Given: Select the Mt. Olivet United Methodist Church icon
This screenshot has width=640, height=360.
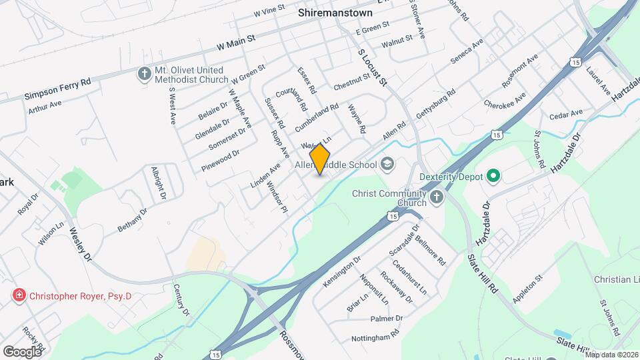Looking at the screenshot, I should (x=144, y=73).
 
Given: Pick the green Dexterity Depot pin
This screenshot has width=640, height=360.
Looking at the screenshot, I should (x=493, y=177).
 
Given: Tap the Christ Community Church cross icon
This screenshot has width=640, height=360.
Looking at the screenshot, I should (x=436, y=196).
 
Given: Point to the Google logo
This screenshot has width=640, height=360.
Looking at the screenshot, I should (x=22, y=351).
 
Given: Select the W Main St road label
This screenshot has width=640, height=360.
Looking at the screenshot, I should (x=237, y=43).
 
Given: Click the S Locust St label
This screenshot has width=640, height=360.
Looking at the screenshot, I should (x=372, y=67).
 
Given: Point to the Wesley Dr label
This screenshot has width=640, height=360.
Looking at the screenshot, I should (x=80, y=245).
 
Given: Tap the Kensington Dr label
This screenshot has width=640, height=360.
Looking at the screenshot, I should (x=342, y=269).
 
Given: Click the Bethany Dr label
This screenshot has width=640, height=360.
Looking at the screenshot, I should (x=132, y=219).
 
